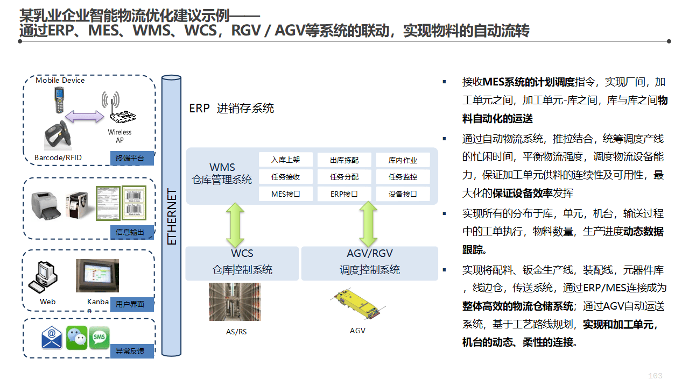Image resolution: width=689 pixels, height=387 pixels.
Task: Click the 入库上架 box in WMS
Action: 286,160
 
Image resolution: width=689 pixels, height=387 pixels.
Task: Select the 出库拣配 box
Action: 344,160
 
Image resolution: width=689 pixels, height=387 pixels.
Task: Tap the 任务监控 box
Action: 403,177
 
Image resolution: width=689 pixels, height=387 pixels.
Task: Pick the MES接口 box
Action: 286,194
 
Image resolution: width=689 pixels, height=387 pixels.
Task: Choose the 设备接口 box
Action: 403,194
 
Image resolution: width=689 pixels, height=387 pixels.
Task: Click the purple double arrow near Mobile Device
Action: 85,116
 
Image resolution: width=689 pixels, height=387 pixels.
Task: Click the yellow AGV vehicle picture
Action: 357,306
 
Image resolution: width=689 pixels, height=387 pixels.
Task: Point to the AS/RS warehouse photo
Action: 235,303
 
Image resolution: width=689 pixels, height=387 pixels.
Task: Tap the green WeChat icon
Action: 76,338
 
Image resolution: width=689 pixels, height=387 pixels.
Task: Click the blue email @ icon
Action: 52,338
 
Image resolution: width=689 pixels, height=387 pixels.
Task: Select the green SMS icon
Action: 100,338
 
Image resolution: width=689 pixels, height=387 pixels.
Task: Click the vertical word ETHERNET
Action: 172,217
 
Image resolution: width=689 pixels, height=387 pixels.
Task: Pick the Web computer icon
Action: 44,277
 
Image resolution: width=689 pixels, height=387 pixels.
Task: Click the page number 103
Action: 655,376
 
